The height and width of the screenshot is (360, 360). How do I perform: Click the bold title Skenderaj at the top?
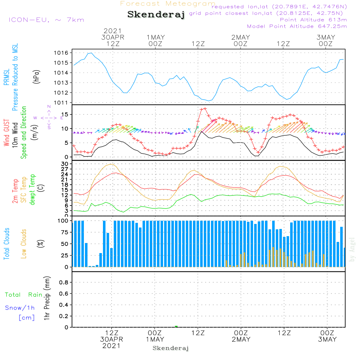click(x=156, y=15)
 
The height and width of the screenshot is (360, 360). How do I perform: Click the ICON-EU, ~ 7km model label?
click(x=46, y=20)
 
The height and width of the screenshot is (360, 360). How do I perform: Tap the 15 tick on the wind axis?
click(x=66, y=114)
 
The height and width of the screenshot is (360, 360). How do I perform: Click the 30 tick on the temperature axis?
click(x=66, y=164)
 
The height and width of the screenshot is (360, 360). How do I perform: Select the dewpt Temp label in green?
click(x=32, y=190)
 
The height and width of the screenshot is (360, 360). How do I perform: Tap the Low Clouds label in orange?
click(x=24, y=244)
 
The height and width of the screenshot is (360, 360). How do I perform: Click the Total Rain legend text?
click(x=23, y=295)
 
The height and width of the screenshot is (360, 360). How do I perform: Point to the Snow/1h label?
click(x=20, y=308)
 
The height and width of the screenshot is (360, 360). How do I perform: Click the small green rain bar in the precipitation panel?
click(x=176, y=327)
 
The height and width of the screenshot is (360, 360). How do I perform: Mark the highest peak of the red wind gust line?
click(x=205, y=108)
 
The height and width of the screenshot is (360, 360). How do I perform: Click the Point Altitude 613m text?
click(x=313, y=20)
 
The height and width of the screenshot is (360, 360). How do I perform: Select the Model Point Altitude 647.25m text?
click(x=297, y=26)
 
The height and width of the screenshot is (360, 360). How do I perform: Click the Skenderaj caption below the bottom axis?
click(x=171, y=348)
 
